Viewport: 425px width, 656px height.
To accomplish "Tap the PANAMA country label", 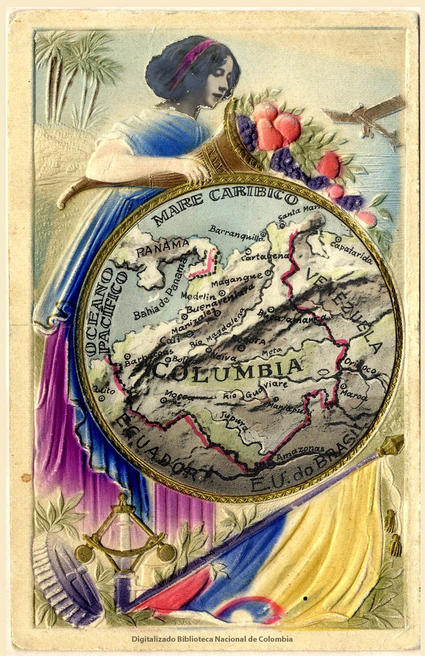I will coord(162,249).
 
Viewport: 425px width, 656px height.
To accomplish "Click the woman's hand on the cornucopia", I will coord(194,169).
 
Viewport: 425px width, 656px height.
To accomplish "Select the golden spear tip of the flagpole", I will coord(391,444).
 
